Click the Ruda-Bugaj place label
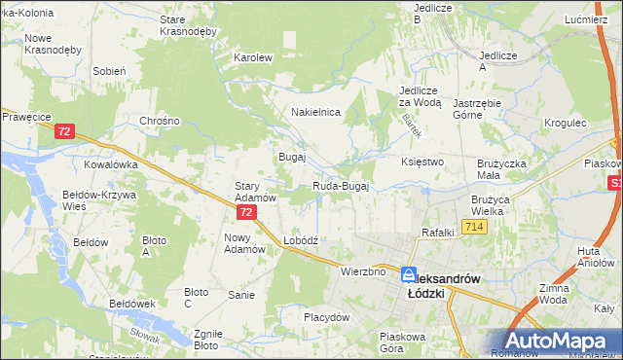(x=341, y=186)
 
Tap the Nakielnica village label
(x=314, y=112)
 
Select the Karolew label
(x=252, y=57)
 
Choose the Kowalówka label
(x=110, y=164)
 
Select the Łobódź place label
(x=301, y=239)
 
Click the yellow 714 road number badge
(x=474, y=227)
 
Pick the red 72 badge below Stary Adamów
(x=247, y=211)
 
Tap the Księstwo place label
(x=422, y=162)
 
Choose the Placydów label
(x=326, y=317)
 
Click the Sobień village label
(x=109, y=71)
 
